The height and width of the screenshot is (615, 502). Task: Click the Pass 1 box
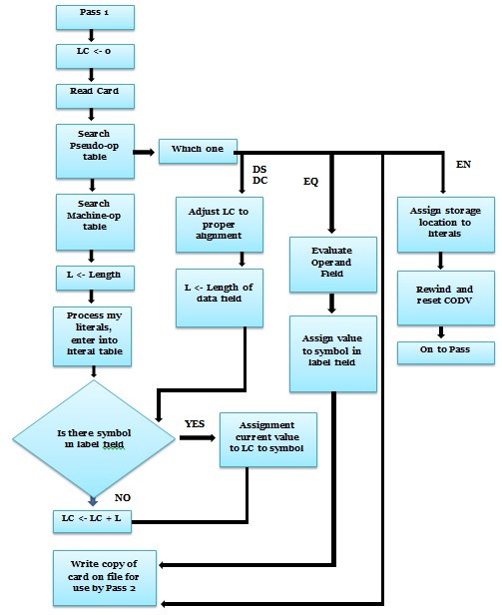92,17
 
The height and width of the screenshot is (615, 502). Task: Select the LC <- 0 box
92,52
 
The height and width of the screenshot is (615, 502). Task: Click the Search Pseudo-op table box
92,151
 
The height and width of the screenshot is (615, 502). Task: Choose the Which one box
197,151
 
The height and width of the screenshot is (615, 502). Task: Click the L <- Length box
92,273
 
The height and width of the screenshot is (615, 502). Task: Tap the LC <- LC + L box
92,520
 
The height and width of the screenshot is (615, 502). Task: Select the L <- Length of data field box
217,299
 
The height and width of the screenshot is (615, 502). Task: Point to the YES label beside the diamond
194,424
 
